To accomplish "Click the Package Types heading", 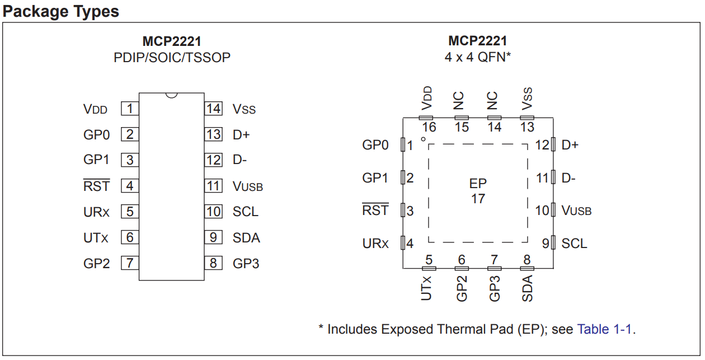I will point(61,11).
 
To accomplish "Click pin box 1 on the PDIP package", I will point(130,109).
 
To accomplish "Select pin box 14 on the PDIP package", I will point(213,109).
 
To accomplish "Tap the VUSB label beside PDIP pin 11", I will point(247,186).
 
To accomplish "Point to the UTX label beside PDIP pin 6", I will point(96,238).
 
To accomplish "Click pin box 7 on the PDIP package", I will point(130,263).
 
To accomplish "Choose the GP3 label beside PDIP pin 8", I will point(246,264).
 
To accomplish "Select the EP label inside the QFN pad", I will point(478,184).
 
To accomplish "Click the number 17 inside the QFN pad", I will point(478,199).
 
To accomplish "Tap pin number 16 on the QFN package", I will point(429,127).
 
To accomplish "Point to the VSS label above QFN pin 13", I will point(527,99).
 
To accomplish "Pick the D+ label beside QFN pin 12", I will point(570,146).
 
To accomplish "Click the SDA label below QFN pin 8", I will point(527,288).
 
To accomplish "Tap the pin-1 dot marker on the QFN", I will point(423,139).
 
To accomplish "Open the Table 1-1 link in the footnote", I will point(605,329).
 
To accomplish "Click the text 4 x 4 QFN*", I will point(478,57).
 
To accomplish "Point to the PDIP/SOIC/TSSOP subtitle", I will point(172,57).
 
